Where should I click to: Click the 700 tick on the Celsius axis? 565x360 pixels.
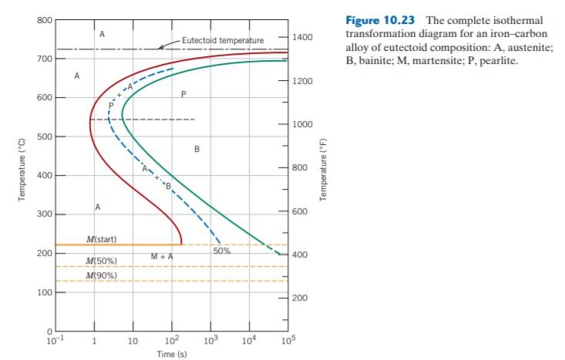[42, 59]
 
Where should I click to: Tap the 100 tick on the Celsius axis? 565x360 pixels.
[42, 292]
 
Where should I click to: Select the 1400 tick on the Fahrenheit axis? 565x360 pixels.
[301, 37]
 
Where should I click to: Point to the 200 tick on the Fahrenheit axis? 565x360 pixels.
[299, 298]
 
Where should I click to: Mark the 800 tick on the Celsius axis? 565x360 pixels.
[42, 19]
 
